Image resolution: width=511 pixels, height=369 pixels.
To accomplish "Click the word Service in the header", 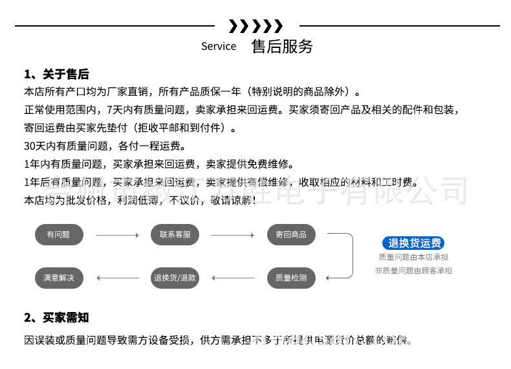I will tap(219, 47).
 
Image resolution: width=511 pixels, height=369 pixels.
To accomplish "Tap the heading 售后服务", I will tap(282, 46).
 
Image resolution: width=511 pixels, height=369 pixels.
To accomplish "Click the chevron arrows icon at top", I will tap(256, 27).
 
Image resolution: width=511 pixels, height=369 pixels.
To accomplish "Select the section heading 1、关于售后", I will tap(57, 74).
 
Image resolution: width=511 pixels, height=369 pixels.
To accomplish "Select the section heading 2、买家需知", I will tap(57, 317).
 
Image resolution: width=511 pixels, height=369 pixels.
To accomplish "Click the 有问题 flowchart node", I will tap(59, 234).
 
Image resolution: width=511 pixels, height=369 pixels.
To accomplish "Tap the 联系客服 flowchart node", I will tap(175, 234).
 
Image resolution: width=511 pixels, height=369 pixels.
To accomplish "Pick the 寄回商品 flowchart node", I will tap(291, 234).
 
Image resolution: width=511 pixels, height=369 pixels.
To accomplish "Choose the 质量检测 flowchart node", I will tap(291, 278).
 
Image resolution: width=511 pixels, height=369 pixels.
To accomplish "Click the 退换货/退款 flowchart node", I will tap(175, 278).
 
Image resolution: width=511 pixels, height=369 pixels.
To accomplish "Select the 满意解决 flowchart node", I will tap(59, 278).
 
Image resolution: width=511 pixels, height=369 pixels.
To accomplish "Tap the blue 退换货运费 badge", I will tap(413, 243).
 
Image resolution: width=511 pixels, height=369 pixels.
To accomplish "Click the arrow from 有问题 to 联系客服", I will tap(117, 234).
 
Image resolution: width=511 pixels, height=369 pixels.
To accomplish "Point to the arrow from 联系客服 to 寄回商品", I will tap(232, 234).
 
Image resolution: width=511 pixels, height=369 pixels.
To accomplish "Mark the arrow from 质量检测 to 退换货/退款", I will tap(233, 278).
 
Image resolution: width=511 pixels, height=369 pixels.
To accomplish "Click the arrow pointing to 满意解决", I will tap(117, 278).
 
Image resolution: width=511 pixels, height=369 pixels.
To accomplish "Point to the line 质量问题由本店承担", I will tap(413, 257).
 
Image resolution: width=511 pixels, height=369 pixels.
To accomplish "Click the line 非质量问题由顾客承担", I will tap(413, 271).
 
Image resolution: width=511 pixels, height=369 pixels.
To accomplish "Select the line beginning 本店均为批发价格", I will tap(140, 200).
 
